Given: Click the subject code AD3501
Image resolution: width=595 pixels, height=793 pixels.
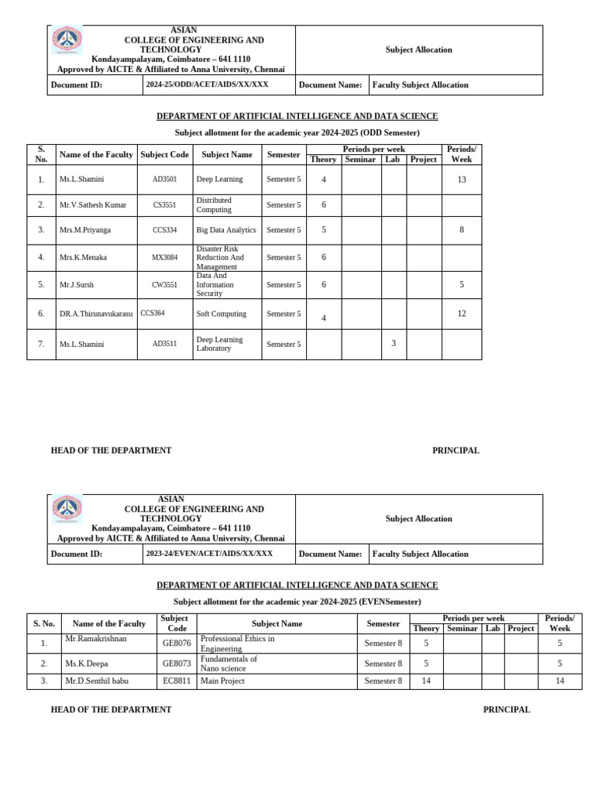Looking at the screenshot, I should [x=164, y=179].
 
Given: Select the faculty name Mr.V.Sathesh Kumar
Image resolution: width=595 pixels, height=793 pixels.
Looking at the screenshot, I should [x=92, y=205].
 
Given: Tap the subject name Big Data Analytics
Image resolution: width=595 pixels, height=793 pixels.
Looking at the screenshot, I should [x=225, y=230].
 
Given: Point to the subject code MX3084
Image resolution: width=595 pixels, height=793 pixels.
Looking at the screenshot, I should [x=164, y=257].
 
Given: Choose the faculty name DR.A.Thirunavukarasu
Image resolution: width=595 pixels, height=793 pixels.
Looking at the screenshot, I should [x=96, y=314].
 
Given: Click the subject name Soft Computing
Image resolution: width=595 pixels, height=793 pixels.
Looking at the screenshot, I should [x=221, y=314].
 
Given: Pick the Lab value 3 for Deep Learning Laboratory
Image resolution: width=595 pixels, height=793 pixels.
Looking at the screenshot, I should [x=394, y=343].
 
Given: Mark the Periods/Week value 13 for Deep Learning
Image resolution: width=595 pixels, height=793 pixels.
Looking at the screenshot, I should [x=462, y=179].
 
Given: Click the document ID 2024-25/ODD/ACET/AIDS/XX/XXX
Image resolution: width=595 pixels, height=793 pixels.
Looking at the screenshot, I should [x=207, y=84].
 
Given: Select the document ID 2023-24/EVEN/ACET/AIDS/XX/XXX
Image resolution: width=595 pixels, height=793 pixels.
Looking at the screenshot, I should [x=209, y=554].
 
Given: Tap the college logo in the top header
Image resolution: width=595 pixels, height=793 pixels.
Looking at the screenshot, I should [x=67, y=39].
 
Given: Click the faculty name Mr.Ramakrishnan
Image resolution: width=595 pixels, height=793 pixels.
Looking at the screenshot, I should [x=95, y=639].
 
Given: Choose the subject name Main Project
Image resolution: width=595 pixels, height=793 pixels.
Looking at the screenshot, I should [x=222, y=681].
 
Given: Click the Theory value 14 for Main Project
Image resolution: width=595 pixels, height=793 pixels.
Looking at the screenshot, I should [x=426, y=681].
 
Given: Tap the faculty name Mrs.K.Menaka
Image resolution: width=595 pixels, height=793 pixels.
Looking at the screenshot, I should [x=83, y=257].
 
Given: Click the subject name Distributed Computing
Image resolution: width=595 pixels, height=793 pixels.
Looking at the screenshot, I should [x=214, y=205].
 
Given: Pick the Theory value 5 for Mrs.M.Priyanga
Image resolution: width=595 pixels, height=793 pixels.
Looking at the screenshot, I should [x=324, y=230].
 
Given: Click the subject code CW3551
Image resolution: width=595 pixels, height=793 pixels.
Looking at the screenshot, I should [x=164, y=285].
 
